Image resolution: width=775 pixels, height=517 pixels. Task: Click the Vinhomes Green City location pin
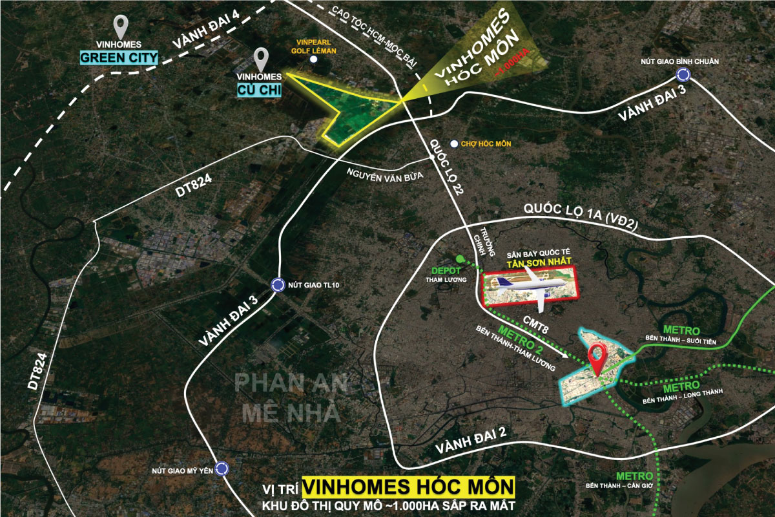coord(119,27)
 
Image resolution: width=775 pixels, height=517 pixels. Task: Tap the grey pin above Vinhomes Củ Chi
coord(262,59)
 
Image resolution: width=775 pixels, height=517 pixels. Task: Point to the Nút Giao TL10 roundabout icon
coord(278,284)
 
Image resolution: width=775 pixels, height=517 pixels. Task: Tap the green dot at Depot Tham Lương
coord(459,259)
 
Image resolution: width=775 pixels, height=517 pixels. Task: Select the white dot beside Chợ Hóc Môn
coord(454,143)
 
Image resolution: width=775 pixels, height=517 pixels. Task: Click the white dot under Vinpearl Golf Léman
coord(313,59)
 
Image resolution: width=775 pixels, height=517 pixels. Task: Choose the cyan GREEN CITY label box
coord(119,58)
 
